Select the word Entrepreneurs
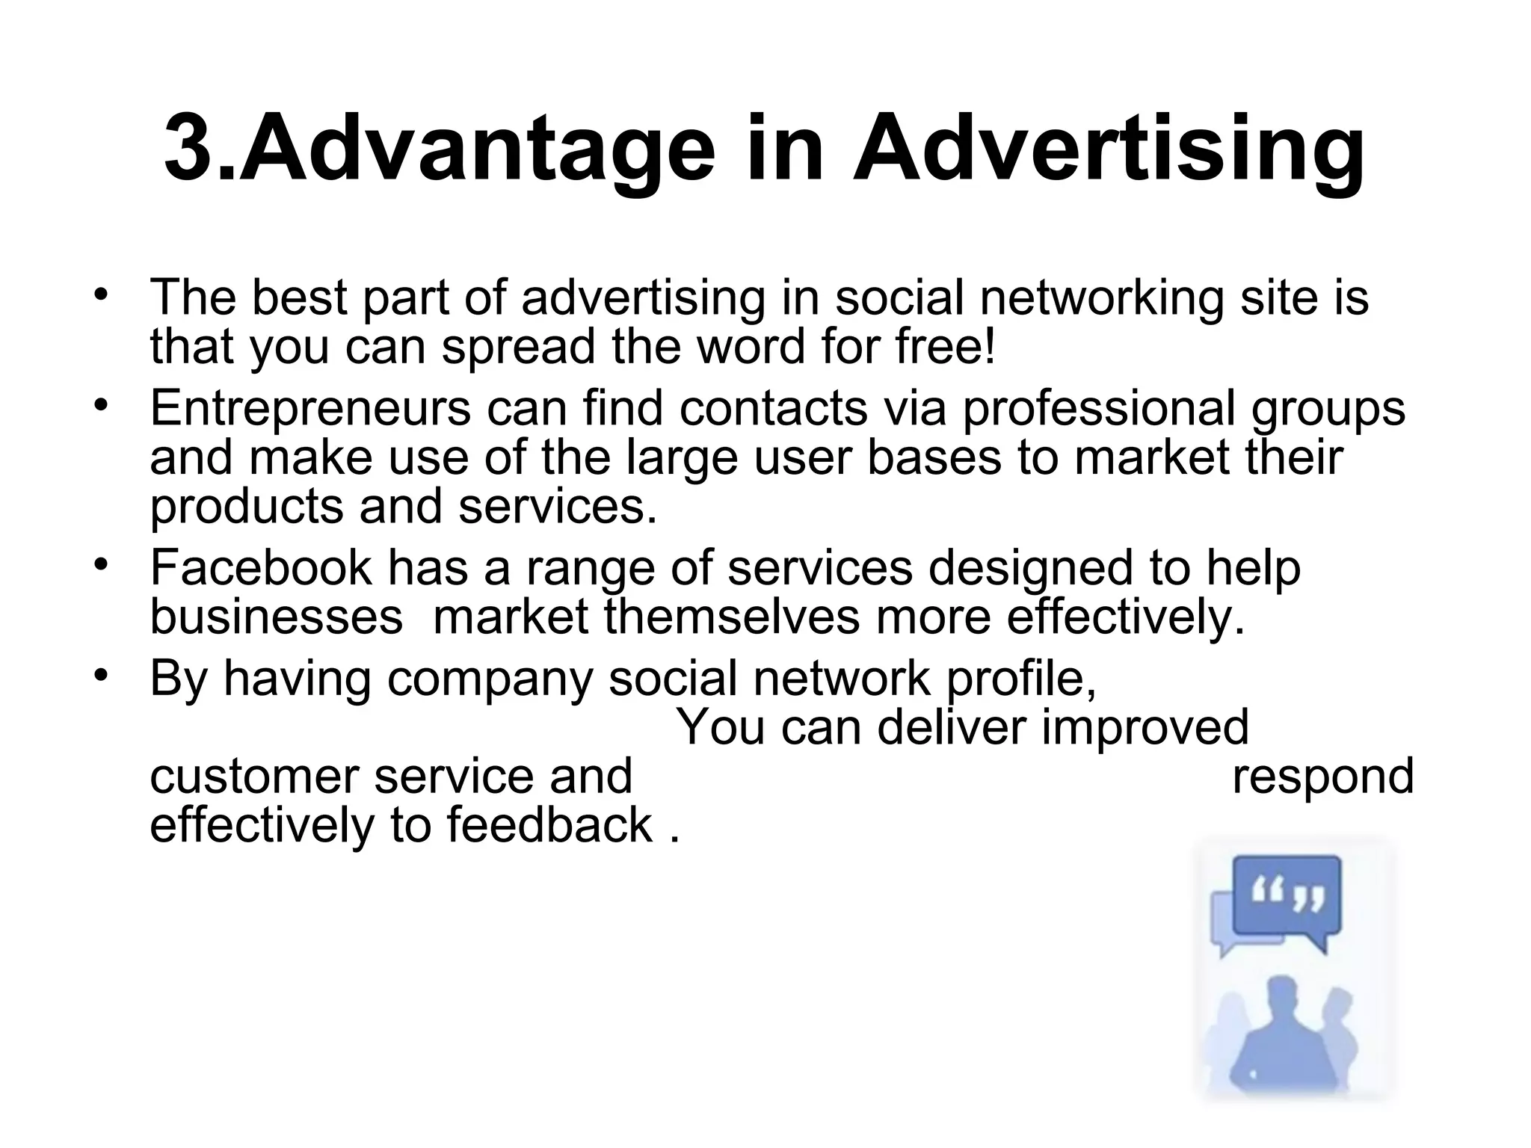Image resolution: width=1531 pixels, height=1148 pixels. pyautogui.click(x=310, y=409)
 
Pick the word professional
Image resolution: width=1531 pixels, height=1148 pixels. pyautogui.click(x=1098, y=409)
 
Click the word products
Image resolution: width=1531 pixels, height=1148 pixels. pyautogui.click(x=246, y=507)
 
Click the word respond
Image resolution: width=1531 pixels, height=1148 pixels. pyautogui.click(x=1322, y=777)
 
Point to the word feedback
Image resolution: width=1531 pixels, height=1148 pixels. pyautogui.click(x=549, y=825)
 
